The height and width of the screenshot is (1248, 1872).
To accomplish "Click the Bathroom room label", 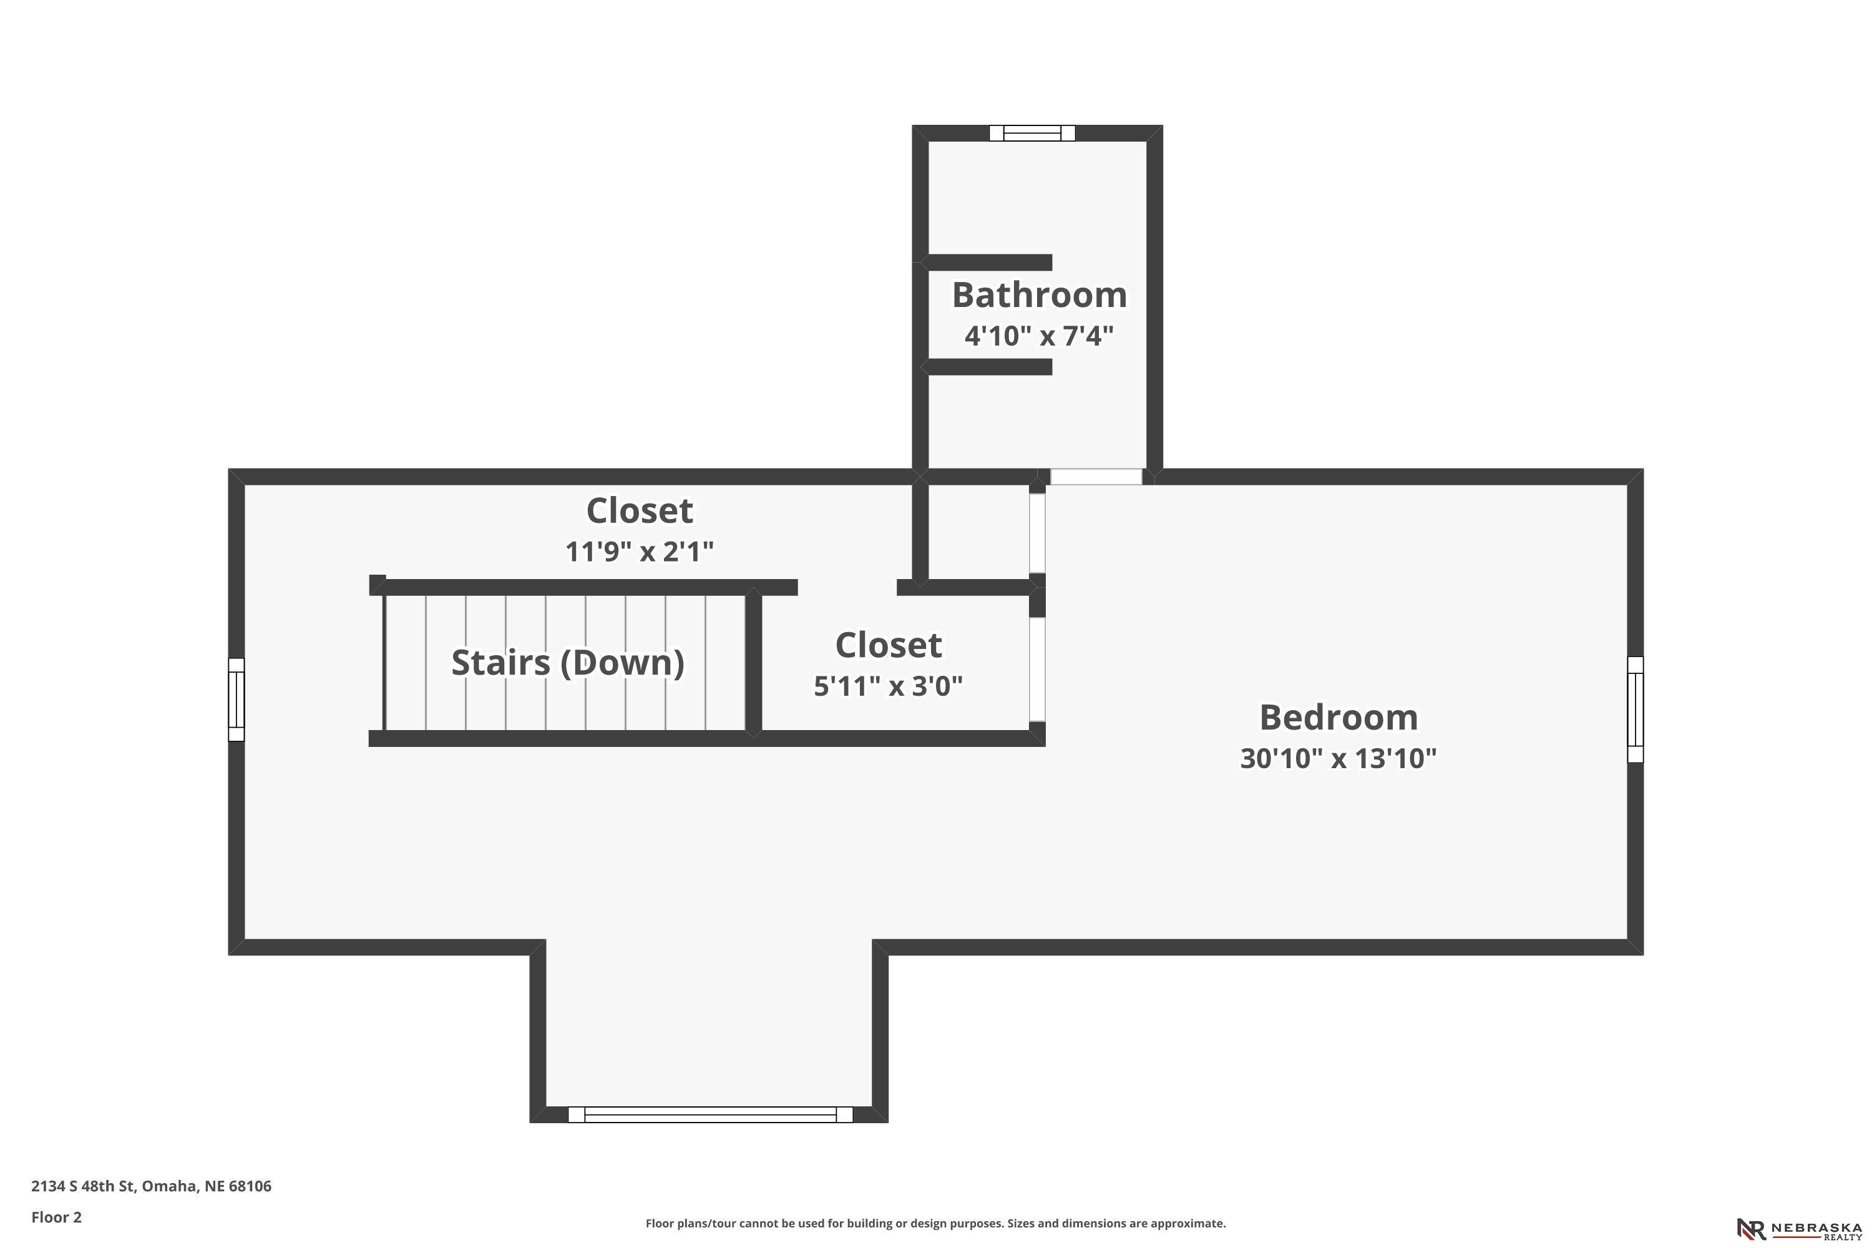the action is [1040, 295].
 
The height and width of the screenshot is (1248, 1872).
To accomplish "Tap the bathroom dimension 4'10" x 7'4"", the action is [1039, 336].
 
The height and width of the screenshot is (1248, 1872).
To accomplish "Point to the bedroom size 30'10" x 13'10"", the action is [1338, 758].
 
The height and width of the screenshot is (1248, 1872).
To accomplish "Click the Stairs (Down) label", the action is [567, 662].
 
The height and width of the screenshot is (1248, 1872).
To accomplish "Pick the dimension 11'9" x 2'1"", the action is [639, 551].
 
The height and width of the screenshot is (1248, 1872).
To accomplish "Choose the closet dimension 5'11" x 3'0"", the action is [888, 685].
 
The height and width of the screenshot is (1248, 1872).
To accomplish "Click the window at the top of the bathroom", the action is [1032, 133].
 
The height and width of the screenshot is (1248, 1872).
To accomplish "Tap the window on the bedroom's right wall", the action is [1636, 709].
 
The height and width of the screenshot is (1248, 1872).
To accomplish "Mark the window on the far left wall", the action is [236, 700].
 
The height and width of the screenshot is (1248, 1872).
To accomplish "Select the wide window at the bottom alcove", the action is [710, 1114].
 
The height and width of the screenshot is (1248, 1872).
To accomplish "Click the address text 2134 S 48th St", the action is [83, 1186].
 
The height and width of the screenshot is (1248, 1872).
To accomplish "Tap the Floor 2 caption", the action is [57, 1217].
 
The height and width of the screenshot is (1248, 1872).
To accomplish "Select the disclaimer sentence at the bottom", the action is [935, 1223].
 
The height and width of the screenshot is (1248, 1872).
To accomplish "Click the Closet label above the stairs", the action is [639, 511].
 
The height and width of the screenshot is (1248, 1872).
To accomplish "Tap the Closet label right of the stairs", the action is [888, 645].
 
